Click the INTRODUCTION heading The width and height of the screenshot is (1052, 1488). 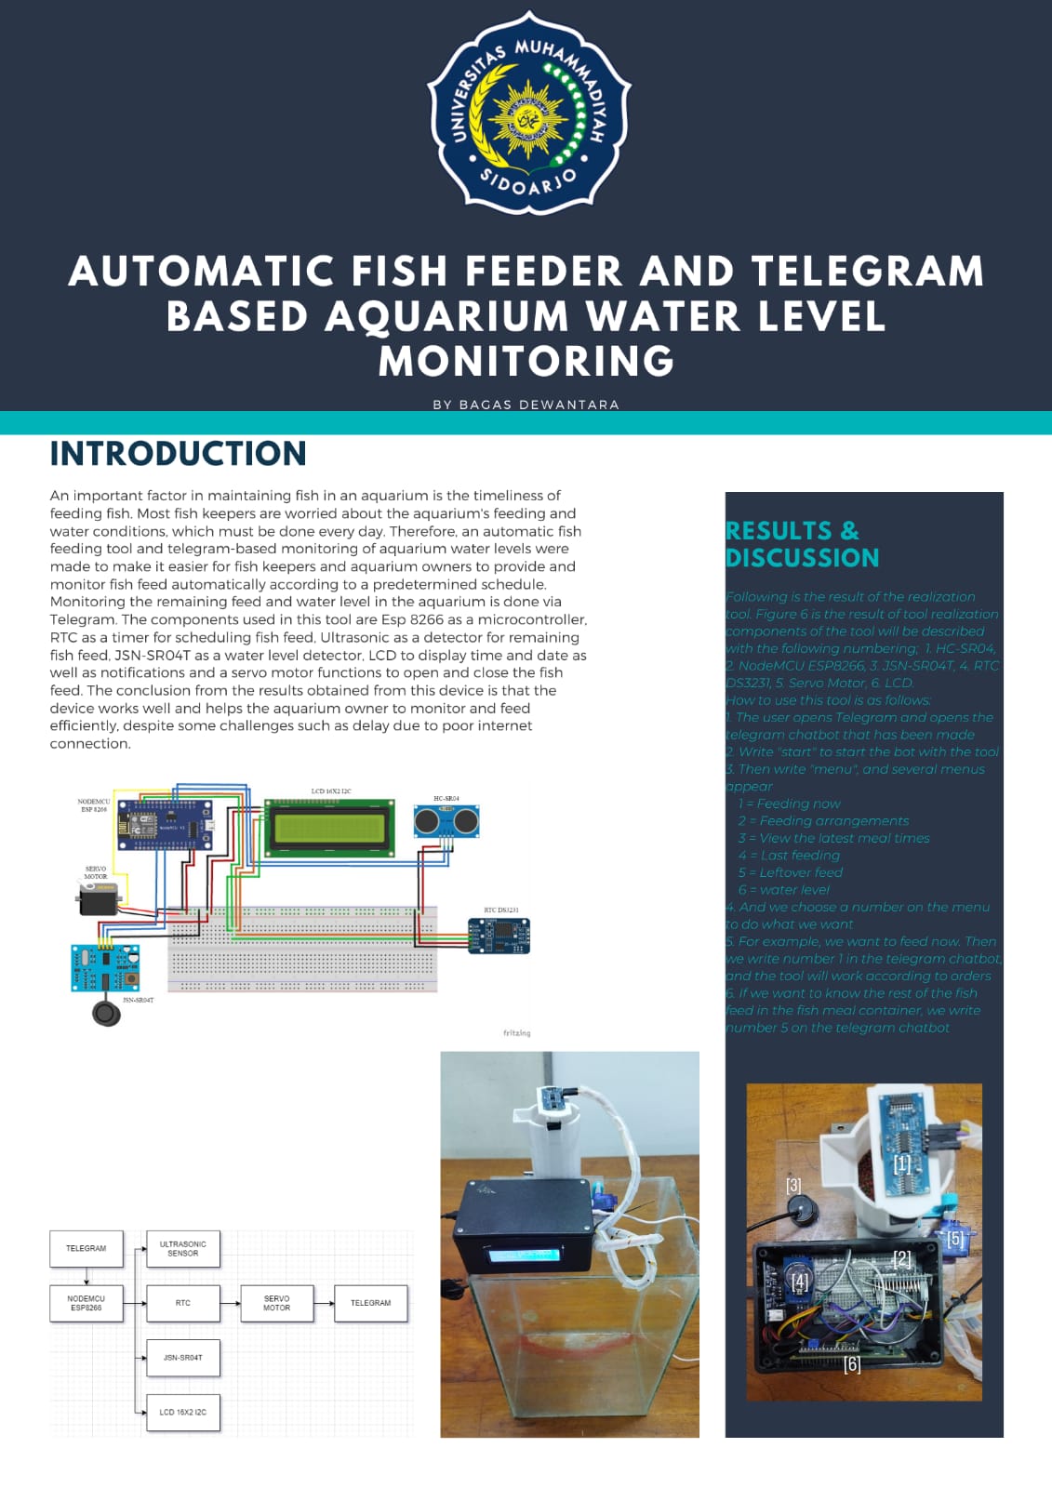tap(178, 454)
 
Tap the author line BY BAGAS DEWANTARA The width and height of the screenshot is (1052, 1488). tap(526, 405)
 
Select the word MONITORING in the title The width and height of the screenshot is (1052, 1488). tap(526, 361)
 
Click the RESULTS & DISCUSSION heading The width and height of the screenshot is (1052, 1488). tap(802, 544)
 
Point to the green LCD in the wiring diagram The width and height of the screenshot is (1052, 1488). tap(329, 827)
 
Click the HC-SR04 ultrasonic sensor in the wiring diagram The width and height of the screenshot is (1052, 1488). tap(446, 821)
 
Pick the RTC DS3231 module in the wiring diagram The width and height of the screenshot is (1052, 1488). tap(499, 936)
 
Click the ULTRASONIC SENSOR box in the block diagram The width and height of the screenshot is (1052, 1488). tap(183, 1249)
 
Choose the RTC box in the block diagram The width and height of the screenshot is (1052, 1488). tap(183, 1303)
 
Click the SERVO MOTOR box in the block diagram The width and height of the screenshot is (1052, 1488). tap(276, 1303)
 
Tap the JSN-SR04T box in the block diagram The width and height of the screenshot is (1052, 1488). tap(183, 1358)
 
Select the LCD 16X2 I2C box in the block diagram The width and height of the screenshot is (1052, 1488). tap(183, 1412)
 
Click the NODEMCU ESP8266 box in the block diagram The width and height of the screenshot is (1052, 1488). tap(87, 1303)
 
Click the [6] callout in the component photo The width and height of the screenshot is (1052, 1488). tap(852, 1364)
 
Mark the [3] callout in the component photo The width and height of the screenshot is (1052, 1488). tap(793, 1186)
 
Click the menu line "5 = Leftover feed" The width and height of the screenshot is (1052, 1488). tap(790, 872)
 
